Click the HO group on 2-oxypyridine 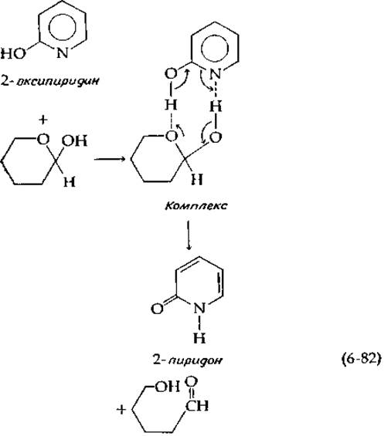[x=13, y=54]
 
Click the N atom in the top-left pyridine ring [x=63, y=52]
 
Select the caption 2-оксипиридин [x=50, y=81]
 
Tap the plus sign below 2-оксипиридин [x=42, y=120]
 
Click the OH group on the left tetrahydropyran [x=74, y=141]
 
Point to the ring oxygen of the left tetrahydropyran [x=43, y=139]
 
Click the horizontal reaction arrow [x=109, y=159]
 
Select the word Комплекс [x=196, y=206]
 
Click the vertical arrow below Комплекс [x=189, y=235]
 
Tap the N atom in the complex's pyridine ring [x=215, y=74]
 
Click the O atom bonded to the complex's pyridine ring [x=171, y=74]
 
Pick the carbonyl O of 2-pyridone [x=157, y=309]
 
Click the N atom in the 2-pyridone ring [x=199, y=308]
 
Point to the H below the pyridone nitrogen [x=199, y=337]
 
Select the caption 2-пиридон [x=188, y=360]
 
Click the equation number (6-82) [x=361, y=360]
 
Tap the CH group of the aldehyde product [x=197, y=406]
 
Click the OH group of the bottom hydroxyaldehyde [x=167, y=387]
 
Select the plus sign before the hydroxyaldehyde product [x=121, y=410]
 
